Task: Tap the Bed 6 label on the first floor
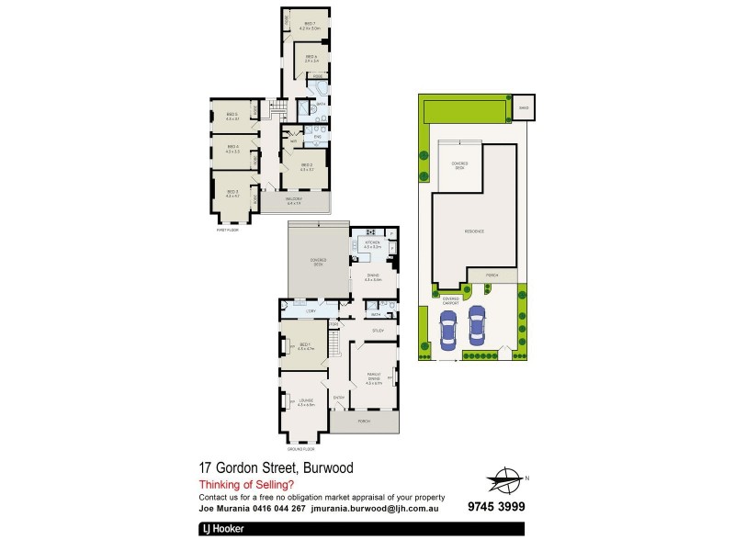pyautogui.click(x=311, y=59)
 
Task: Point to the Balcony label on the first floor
pyautogui.click(x=294, y=200)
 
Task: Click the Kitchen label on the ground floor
pyautogui.click(x=372, y=245)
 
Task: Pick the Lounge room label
pyautogui.click(x=305, y=402)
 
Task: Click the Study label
pyautogui.click(x=378, y=330)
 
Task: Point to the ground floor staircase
pyautogui.click(x=337, y=347)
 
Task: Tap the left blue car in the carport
pyautogui.click(x=448, y=330)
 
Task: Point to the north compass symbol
pyautogui.click(x=503, y=478)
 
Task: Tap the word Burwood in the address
pyautogui.click(x=322, y=467)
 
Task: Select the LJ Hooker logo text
pyautogui.click(x=219, y=530)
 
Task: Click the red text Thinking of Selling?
pyautogui.click(x=246, y=484)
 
